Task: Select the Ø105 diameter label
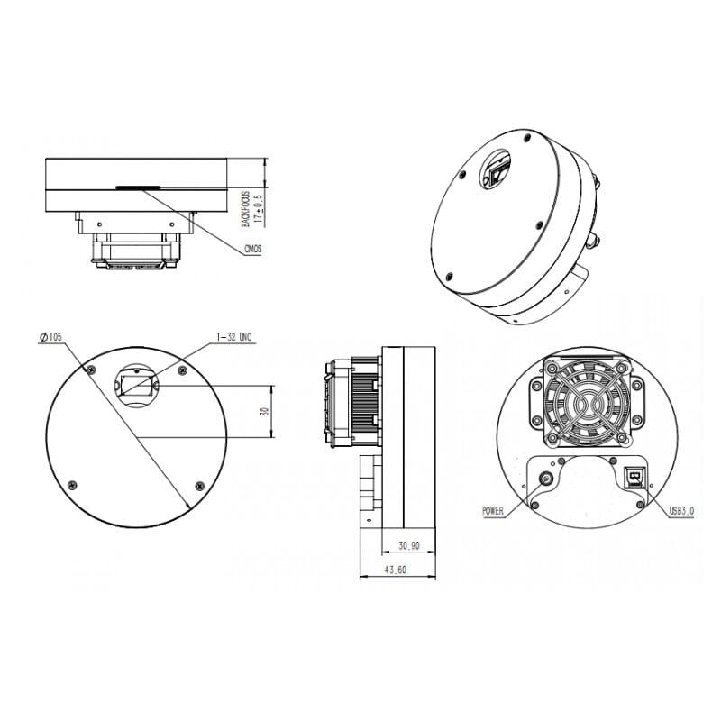50,337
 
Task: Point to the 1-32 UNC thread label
234,337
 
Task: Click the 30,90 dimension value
408,544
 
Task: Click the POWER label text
492,511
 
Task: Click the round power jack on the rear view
546,479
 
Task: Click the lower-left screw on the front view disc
68,481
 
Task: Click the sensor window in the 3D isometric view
498,170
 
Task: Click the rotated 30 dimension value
264,412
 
